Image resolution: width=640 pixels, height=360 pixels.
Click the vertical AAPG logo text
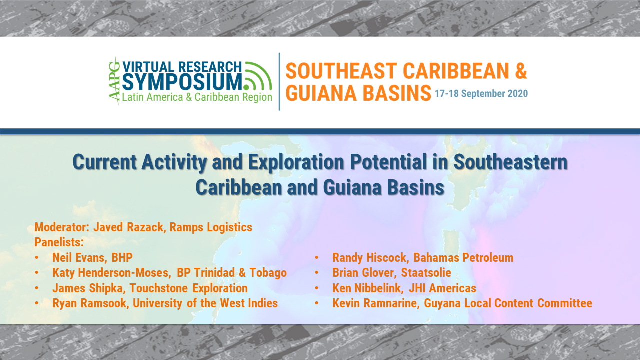coord(115,81)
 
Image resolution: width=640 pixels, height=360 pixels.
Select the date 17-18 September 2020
coord(481,94)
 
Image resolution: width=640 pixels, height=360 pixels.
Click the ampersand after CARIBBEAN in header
coord(520,71)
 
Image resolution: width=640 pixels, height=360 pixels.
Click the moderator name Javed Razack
coord(127,227)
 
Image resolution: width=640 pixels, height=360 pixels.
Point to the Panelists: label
coord(59,242)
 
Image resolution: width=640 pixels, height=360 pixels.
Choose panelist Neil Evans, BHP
coord(92,258)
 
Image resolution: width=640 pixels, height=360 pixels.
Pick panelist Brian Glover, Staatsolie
coord(391,273)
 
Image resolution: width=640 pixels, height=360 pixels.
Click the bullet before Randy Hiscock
coord(317,258)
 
